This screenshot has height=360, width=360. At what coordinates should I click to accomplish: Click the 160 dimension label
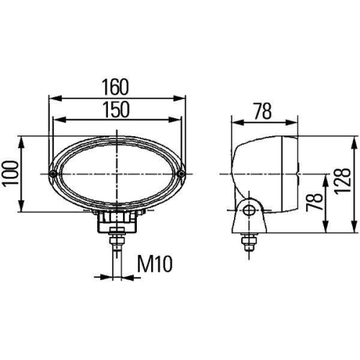click(x=115, y=87)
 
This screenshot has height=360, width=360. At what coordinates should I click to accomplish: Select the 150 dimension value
click(x=115, y=109)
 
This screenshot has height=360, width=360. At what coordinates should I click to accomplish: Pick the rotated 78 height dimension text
click(x=311, y=202)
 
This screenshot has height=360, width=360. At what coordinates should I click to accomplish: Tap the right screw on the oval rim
click(x=181, y=174)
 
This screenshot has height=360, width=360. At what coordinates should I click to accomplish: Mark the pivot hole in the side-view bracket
click(x=248, y=210)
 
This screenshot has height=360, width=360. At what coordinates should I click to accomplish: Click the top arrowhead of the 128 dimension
click(x=354, y=139)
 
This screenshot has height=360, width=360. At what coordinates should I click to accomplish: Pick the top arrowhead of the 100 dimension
click(x=25, y=139)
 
